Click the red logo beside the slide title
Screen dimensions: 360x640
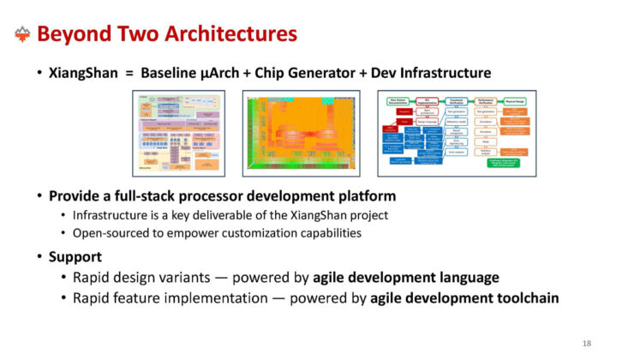point(23,34)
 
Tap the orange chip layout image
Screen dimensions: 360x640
point(301,133)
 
